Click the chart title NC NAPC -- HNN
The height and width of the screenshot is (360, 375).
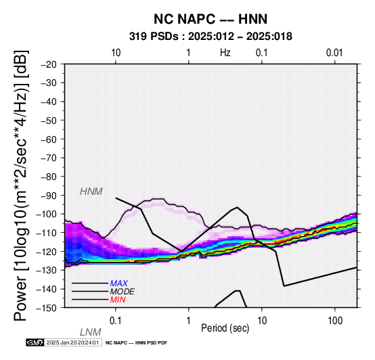tap(211, 19)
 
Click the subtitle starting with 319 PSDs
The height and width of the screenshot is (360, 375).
tap(211, 37)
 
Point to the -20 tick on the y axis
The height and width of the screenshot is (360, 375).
tap(49, 64)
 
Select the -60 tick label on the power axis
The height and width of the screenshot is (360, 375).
tap(49, 139)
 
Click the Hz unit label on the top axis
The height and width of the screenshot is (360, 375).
tap(225, 53)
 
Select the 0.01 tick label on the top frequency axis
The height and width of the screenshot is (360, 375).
tap(334, 53)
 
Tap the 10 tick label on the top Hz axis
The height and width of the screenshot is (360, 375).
tap(116, 53)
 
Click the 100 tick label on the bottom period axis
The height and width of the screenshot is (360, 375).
tap(335, 321)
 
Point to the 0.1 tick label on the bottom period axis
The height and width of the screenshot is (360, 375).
tap(116, 321)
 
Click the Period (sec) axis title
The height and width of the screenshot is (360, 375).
tap(225, 328)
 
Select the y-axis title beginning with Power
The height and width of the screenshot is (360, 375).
tap(21, 185)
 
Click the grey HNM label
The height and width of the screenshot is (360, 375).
tap(91, 192)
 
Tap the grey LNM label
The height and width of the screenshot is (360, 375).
tap(91, 332)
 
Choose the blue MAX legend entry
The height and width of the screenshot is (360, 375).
tap(119, 284)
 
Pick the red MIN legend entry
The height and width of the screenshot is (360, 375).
tap(118, 300)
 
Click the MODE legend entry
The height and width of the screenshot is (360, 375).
tap(123, 292)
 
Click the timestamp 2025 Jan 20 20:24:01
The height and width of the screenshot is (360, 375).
tap(72, 342)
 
